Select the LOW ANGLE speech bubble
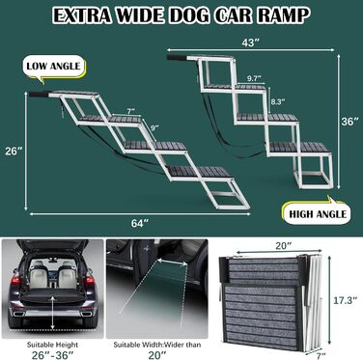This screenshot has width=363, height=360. (53, 69)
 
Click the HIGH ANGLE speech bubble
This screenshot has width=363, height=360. (317, 213)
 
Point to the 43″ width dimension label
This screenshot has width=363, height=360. (250, 42)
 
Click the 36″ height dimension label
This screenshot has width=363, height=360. (349, 122)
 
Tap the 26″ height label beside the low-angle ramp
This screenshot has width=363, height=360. (14, 151)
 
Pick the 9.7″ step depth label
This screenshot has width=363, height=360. (254, 78)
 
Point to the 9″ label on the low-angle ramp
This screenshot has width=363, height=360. (155, 127)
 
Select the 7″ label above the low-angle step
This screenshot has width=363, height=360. (131, 112)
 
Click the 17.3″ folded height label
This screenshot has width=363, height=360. (345, 300)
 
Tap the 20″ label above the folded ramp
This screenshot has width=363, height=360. (284, 245)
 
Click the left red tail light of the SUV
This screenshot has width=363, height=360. (16, 281)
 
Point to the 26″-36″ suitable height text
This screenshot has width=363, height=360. (52, 354)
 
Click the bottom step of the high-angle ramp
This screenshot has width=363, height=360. (300, 148)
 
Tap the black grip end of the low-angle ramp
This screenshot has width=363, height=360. (39, 95)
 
